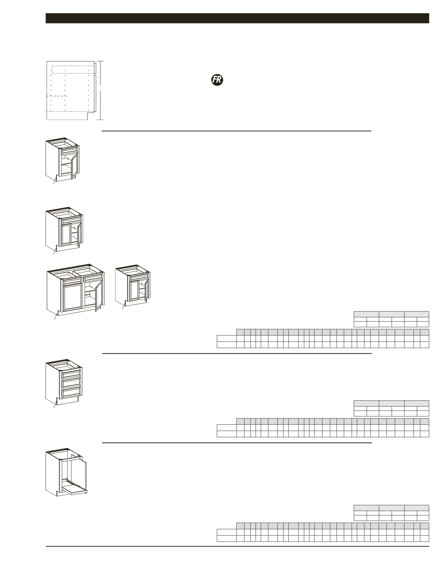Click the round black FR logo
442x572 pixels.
217,80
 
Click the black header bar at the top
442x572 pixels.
237,18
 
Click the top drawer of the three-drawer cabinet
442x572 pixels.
71,374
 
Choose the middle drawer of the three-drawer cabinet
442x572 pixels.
71,383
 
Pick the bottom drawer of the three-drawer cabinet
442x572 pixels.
71,393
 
